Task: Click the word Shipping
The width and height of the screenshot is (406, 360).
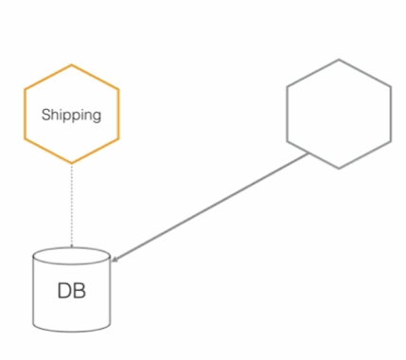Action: coord(71,115)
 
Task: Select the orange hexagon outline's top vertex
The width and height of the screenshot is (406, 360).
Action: coord(72,63)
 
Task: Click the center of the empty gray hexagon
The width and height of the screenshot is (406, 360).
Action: coord(338,114)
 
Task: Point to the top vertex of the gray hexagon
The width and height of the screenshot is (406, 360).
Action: coord(339,59)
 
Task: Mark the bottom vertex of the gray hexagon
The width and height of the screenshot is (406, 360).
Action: coord(339,170)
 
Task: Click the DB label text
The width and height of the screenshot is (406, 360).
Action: coord(71,291)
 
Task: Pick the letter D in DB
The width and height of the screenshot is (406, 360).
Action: coord(64,291)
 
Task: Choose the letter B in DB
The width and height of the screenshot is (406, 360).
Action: coord(79,291)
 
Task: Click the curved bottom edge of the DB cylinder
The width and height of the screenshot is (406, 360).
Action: coord(71,330)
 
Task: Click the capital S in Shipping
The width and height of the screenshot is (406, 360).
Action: coord(45,115)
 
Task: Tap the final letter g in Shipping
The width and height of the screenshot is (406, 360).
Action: coord(97,117)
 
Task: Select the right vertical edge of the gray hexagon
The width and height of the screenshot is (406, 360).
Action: coord(390,114)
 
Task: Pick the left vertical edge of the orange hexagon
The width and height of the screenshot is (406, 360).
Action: coord(26,115)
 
